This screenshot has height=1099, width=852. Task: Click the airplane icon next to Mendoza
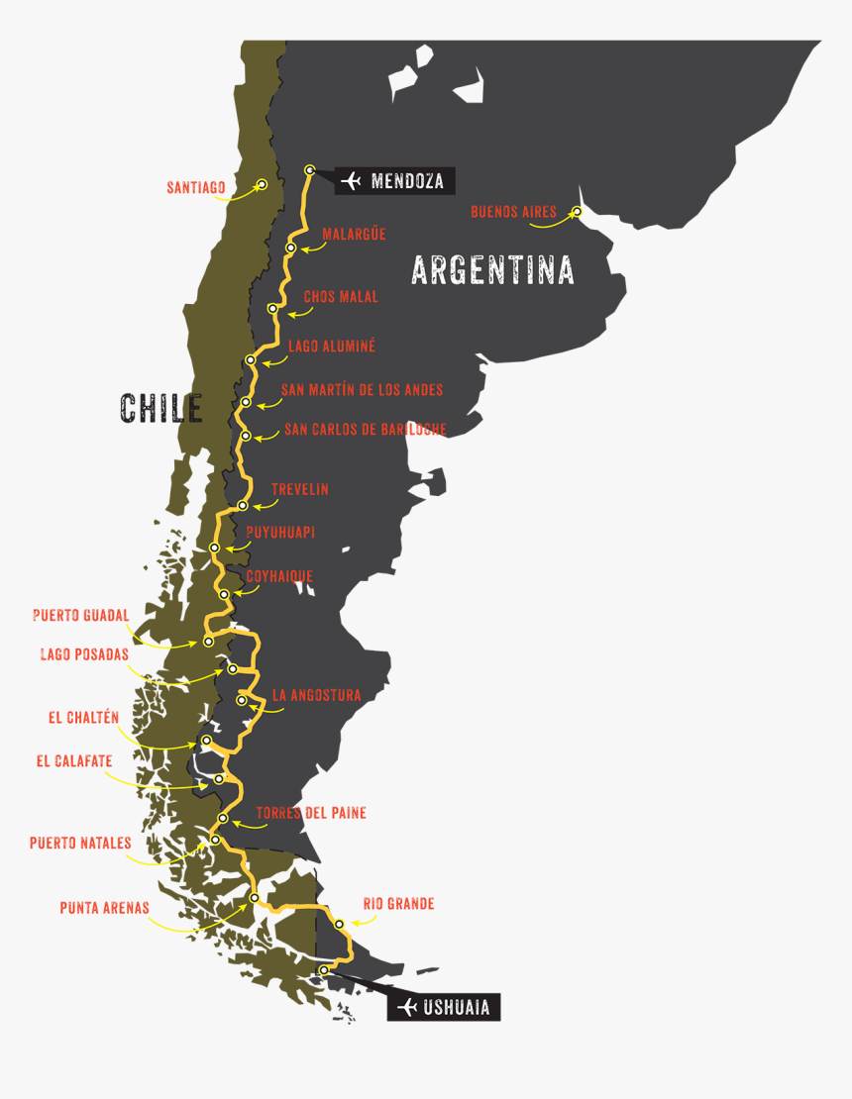[352, 181]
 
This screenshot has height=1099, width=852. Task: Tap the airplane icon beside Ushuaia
[405, 1008]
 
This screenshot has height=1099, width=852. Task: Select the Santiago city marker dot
[263, 184]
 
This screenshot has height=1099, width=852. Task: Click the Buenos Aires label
[513, 211]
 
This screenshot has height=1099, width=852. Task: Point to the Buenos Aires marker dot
[577, 211]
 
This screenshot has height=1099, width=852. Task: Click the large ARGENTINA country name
[492, 269]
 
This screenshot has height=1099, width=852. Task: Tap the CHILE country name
[161, 408]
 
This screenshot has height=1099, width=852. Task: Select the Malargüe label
[354, 235]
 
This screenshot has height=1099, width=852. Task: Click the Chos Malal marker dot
[272, 310]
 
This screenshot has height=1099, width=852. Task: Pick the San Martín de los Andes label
[362, 390]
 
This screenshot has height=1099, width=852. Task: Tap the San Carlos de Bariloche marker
[246, 436]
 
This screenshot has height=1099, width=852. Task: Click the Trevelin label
[299, 489]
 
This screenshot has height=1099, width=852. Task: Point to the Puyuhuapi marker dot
[214, 548]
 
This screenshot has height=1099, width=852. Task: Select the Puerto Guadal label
[80, 615]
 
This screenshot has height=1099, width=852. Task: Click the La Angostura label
[316, 695]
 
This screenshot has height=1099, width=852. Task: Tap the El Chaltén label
[83, 717]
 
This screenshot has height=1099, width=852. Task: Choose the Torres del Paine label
[311, 813]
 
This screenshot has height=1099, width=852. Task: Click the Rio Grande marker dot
[339, 924]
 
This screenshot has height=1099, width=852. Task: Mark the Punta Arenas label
[104, 907]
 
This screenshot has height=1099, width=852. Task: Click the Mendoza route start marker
[309, 169]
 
